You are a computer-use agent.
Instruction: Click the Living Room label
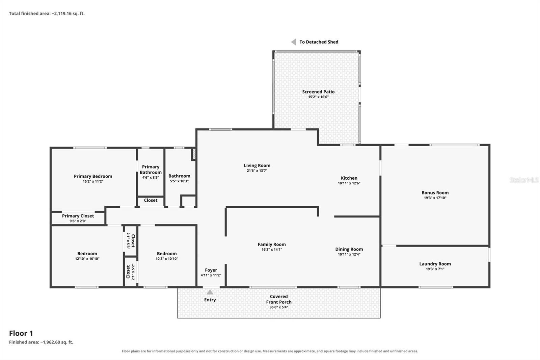257,165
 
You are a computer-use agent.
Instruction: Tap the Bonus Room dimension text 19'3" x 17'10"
435,198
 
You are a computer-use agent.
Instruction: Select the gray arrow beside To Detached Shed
294,42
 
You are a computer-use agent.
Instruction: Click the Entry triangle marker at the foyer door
210,292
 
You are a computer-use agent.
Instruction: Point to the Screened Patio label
318,92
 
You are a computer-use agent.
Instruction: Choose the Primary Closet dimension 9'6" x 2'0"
78,221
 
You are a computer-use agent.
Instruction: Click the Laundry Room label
435,264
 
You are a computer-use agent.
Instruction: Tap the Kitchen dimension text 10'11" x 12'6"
349,183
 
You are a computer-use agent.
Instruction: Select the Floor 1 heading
21,333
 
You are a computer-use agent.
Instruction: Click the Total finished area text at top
47,14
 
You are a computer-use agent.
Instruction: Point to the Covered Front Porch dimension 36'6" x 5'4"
279,307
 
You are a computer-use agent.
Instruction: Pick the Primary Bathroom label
151,170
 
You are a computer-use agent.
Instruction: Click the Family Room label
272,245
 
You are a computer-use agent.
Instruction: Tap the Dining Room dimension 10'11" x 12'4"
349,254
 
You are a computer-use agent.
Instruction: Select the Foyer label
211,270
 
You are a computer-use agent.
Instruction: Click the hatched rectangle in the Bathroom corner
194,154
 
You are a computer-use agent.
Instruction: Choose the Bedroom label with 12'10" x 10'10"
87,254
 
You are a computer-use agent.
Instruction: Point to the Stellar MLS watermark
524,180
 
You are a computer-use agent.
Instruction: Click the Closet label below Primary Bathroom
151,200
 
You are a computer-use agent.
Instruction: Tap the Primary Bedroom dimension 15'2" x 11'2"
93,181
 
